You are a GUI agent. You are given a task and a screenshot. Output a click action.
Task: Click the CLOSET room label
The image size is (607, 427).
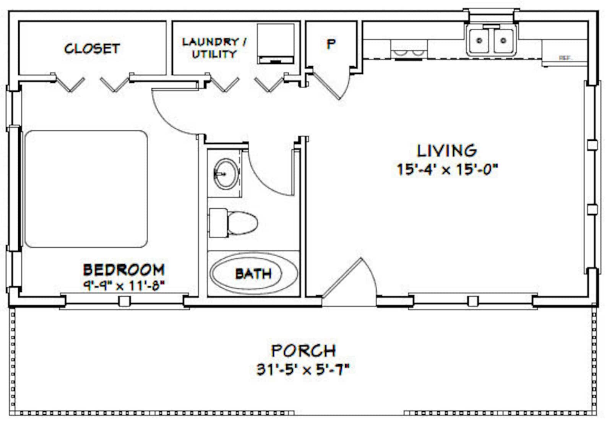coord(92,49)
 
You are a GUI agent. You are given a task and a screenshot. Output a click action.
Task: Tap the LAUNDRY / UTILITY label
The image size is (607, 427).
coord(214,48)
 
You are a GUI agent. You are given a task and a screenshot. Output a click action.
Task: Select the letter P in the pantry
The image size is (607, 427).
coord(331,44)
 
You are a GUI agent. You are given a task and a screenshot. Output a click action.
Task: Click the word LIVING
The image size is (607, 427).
coord(446,151)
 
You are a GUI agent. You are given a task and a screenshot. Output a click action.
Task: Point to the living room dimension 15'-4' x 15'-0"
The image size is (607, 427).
coord(447,169)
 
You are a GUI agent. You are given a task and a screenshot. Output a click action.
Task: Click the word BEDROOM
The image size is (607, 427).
coord(124,270)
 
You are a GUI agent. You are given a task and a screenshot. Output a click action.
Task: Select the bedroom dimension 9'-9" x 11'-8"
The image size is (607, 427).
coord(124,285)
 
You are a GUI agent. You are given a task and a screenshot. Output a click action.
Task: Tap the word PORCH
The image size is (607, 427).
coord(303,351)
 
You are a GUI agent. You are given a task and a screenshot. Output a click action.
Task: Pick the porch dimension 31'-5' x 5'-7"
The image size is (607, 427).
coord(303,369)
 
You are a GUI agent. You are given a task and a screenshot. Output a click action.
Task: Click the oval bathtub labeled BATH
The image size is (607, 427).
coord(253,273)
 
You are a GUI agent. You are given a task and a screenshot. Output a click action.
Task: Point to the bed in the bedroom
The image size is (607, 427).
coord(86,189)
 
